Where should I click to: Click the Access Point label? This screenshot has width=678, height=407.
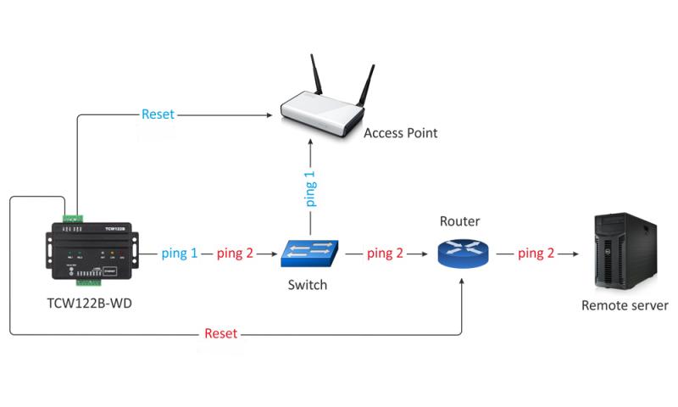click(x=401, y=133)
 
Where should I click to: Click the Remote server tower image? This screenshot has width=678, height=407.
click(x=624, y=250)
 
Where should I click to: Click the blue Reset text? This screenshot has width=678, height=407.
click(x=158, y=114)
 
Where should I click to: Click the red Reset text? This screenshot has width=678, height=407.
click(x=221, y=333)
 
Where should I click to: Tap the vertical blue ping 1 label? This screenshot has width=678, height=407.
click(x=311, y=188)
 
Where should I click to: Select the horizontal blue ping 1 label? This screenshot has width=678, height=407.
click(x=180, y=253)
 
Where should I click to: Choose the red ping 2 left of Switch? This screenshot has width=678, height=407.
click(x=235, y=253)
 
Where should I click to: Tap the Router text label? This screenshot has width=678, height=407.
click(x=460, y=222)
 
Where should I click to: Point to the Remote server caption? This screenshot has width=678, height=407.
click(x=625, y=305)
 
